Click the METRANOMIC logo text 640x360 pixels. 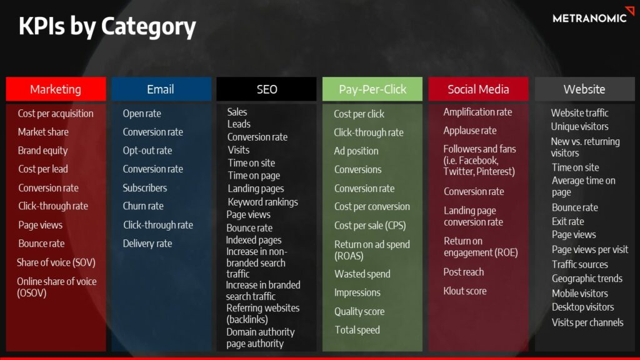tap(589, 18)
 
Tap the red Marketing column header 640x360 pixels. tap(56, 89)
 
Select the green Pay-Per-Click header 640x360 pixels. tap(372, 89)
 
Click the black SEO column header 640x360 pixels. tap(266, 89)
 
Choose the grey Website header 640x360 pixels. tap(584, 89)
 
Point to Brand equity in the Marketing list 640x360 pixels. tap(43, 151)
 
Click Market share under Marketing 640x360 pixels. tap(43, 132)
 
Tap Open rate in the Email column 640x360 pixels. tap(142, 114)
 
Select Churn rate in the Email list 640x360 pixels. tap(143, 206)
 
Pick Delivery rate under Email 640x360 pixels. tap(147, 244)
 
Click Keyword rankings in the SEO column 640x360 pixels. tap(263, 202)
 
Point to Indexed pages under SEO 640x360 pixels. tap(254, 240)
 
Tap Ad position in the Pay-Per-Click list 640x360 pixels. tap(356, 151)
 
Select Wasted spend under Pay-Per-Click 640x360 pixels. tap(362, 274)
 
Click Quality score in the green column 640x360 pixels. tap(359, 311)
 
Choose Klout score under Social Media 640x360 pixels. tap(465, 291)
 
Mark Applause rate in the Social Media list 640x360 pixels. tap(470, 131)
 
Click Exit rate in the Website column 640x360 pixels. tap(567, 222)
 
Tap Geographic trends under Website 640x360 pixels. tap(587, 279)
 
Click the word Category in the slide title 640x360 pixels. tap(149, 26)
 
